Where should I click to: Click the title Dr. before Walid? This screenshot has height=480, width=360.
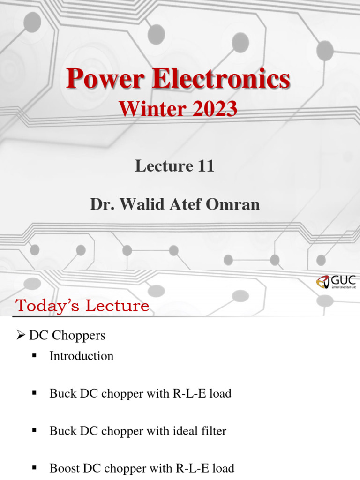point(101,205)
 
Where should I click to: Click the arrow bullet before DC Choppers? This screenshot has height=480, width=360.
point(20,336)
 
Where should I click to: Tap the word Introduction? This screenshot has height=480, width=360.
point(82,356)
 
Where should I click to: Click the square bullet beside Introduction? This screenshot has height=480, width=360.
point(34,356)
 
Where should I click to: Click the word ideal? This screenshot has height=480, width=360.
point(181,431)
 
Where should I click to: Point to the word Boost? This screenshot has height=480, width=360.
point(64,468)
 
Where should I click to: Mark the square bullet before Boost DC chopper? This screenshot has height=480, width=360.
point(34,468)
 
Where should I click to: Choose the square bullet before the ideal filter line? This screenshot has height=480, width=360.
point(34,431)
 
